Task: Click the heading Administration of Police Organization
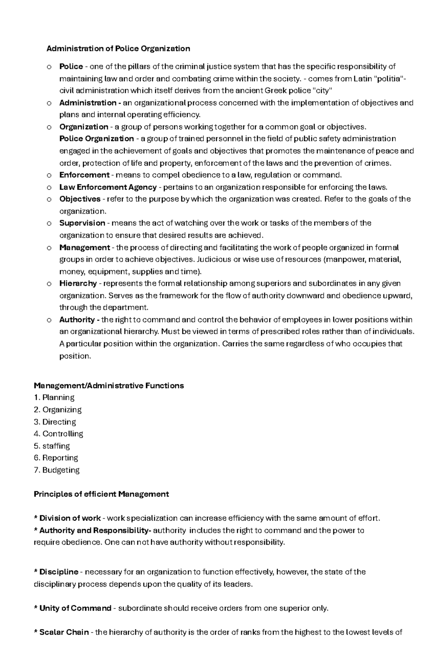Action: [118, 49]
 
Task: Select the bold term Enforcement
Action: [84, 175]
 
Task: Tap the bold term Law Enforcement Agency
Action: [108, 187]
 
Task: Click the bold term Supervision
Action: [82, 223]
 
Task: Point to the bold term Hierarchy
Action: [78, 283]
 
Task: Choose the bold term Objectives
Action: [80, 199]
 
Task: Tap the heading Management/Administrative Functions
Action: [109, 386]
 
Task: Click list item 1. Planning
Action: [54, 398]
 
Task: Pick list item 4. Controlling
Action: [58, 433]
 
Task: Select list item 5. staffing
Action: [52, 446]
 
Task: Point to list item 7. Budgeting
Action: [57, 470]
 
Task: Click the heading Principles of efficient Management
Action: [101, 494]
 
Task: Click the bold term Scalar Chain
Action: [64, 632]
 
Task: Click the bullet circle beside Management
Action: [49, 248]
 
